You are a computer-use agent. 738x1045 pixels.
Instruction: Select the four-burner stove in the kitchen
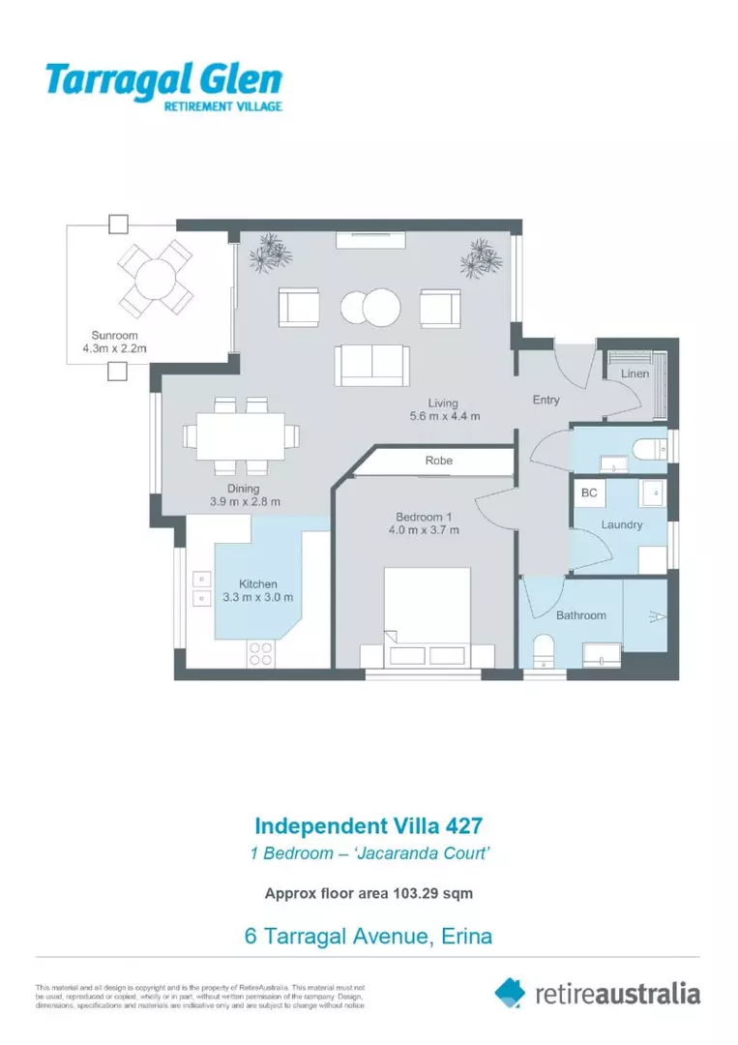click(x=260, y=653)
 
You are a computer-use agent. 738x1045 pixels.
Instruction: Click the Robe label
click(x=438, y=462)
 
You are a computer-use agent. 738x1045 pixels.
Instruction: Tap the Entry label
click(x=546, y=400)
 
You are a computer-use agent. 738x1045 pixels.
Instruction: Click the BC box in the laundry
click(x=589, y=493)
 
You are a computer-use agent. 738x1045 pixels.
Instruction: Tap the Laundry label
click(x=621, y=524)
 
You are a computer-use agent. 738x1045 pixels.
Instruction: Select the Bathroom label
click(x=580, y=615)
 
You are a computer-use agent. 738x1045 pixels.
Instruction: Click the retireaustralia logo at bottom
click(x=597, y=993)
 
